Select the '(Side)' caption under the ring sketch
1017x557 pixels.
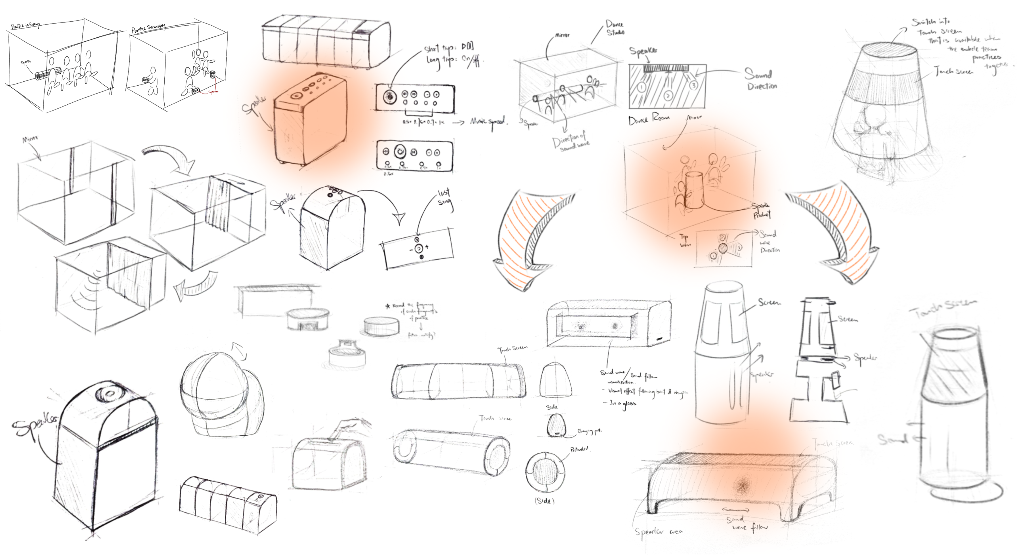pyautogui.click(x=544, y=501)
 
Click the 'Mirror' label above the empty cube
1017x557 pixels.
pyautogui.click(x=30, y=139)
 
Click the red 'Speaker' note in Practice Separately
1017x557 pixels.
pyautogui.click(x=213, y=92)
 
